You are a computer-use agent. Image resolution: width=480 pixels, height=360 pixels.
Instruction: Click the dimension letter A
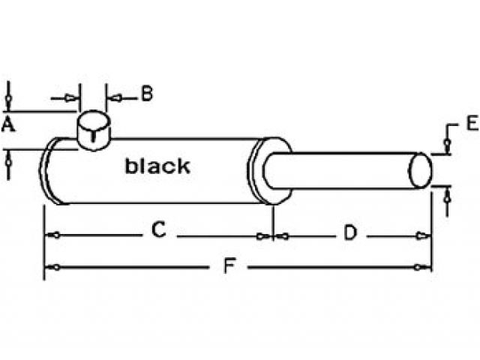point(8,124)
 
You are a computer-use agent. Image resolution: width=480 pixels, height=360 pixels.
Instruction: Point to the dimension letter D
point(349,233)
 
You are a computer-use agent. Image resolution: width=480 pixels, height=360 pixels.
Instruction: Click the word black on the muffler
point(157,166)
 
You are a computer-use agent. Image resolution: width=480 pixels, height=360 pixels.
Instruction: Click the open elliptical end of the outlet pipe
point(421,170)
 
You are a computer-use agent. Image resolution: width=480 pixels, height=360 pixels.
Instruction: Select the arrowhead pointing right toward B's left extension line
point(73,97)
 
